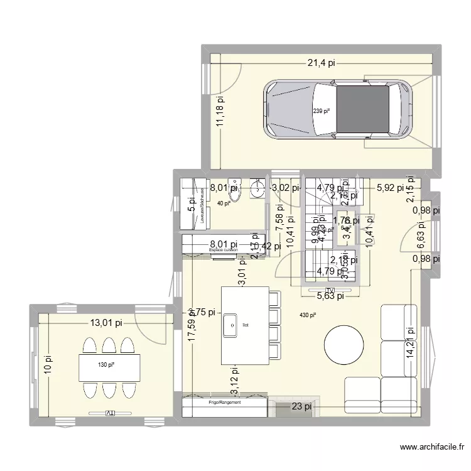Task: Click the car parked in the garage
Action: pos(338,111)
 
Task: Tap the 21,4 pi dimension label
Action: pos(321,62)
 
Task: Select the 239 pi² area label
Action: pos(321,111)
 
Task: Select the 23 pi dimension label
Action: pos(300,406)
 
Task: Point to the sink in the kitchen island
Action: pos(227,325)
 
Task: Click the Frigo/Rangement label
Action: pos(225,403)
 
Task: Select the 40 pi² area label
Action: pos(224,203)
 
